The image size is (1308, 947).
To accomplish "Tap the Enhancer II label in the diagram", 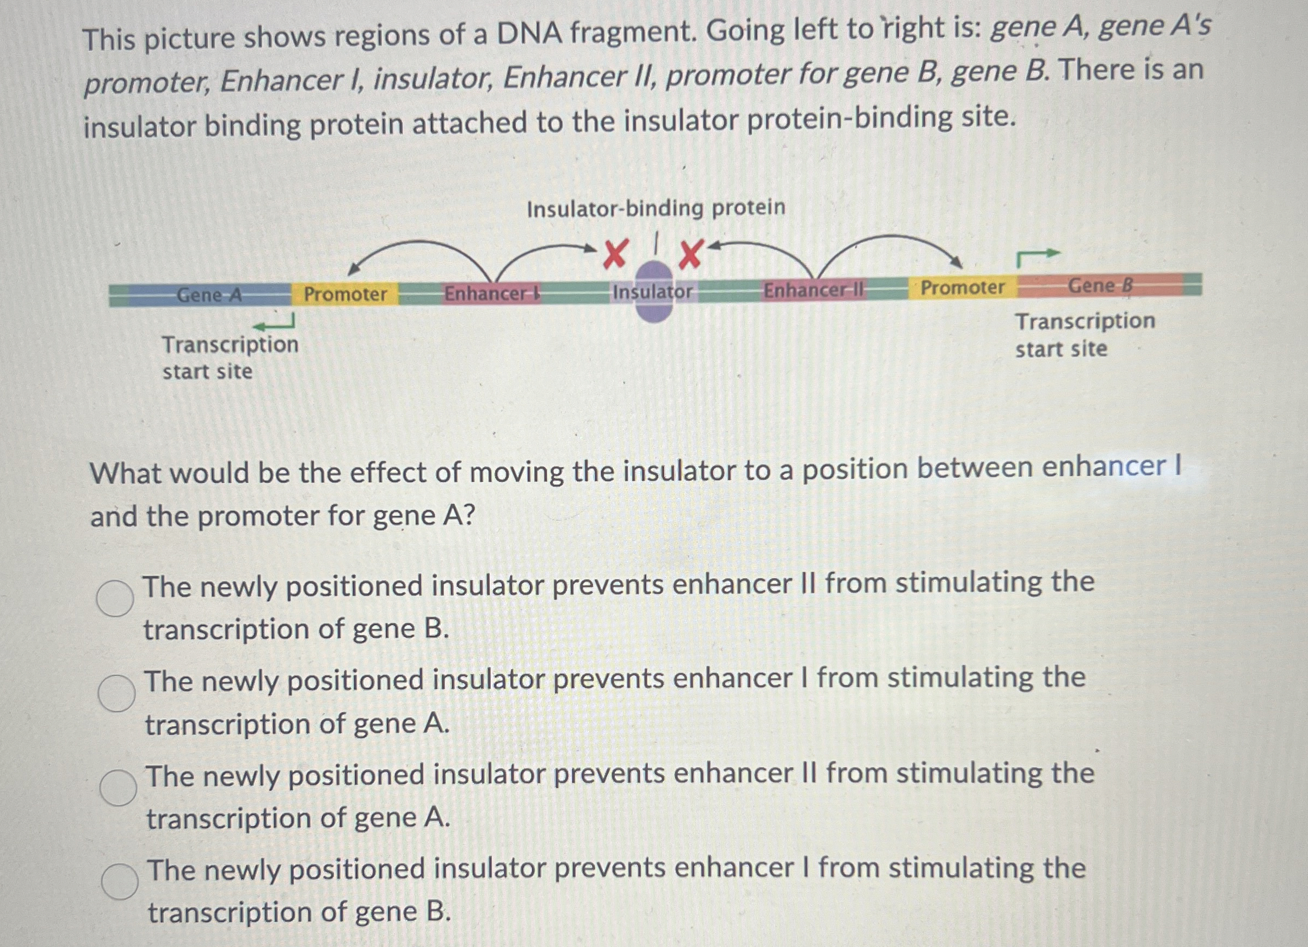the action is pos(814,290).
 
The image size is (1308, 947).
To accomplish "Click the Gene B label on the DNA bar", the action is pos(1100,286).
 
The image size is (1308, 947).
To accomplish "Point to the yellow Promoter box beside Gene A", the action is pos(345,294).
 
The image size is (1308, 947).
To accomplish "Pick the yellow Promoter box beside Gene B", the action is pos(962,287).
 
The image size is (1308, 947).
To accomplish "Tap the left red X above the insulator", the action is pos(615,254).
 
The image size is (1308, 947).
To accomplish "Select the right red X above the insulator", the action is pos(691,254).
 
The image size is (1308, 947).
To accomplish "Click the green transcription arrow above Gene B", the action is pos(1037,257).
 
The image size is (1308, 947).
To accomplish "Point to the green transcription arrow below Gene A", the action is pos(275,323).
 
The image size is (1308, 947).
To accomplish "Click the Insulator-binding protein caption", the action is pos(656,208).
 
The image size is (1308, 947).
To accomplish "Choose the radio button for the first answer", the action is pos(115,598).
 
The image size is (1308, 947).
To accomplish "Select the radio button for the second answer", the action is pos(116,694).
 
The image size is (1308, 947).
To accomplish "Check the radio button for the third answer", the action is pos(118,787).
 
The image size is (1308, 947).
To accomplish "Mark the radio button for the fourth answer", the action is pos(120,882).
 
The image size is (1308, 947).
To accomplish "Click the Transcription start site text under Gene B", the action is pos(1084,335).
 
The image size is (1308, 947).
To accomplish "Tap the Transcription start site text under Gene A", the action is pos(230,358).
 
